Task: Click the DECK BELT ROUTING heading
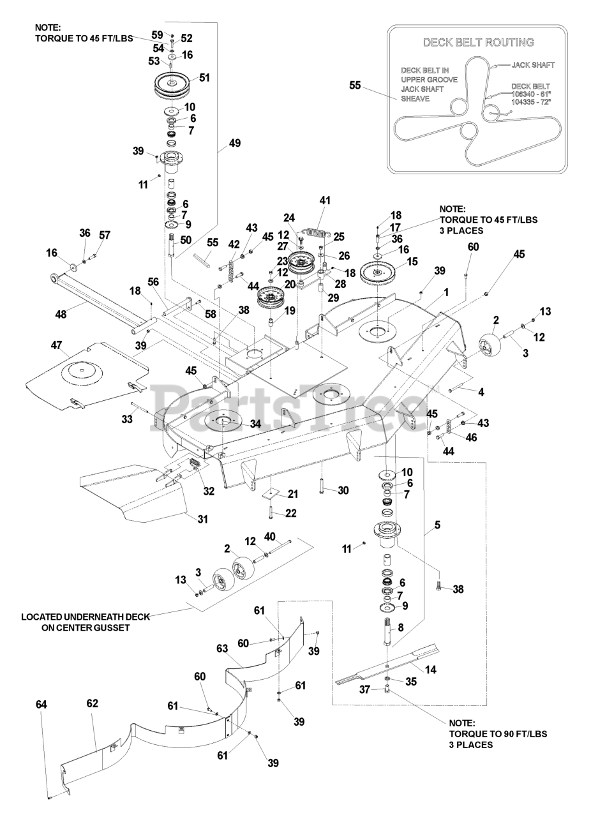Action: [x=479, y=43]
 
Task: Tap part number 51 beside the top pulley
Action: [x=204, y=77]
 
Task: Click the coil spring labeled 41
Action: [x=315, y=234]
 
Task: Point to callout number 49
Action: [x=234, y=143]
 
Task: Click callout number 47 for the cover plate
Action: [x=56, y=345]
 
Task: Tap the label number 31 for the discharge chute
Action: [x=202, y=519]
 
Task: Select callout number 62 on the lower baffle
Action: [x=93, y=703]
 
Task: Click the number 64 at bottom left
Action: [x=41, y=704]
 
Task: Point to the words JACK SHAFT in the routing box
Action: [x=533, y=65]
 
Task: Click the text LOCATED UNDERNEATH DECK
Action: [x=86, y=617]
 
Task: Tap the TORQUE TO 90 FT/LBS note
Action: [x=498, y=734]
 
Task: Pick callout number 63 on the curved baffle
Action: [x=222, y=648]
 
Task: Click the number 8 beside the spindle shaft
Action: [x=400, y=627]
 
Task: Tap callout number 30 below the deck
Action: [x=343, y=490]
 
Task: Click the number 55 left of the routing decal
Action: [x=355, y=84]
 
